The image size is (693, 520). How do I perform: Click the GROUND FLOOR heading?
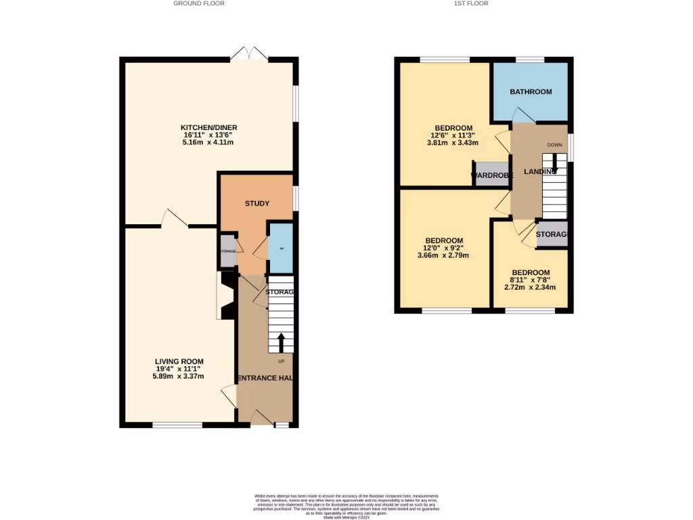tap(198, 3)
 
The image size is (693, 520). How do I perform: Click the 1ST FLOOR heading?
tap(472, 3)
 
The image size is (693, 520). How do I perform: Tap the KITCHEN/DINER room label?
tap(208, 127)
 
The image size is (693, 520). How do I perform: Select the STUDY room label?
tap(257, 203)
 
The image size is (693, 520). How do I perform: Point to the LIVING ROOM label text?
tap(179, 362)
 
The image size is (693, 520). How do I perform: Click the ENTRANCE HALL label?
tap(264, 377)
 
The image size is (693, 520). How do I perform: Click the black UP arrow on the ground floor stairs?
tap(281, 341)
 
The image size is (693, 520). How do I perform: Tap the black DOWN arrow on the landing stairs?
tap(556, 163)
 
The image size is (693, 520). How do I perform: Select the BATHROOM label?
tap(531, 91)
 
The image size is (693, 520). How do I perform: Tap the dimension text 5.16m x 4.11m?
tap(208, 142)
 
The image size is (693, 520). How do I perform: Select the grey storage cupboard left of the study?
tap(228, 251)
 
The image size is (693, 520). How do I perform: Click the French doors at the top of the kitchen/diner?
tap(248, 55)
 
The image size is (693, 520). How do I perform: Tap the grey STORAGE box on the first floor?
tap(552, 234)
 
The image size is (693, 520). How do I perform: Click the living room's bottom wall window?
tap(177, 425)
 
